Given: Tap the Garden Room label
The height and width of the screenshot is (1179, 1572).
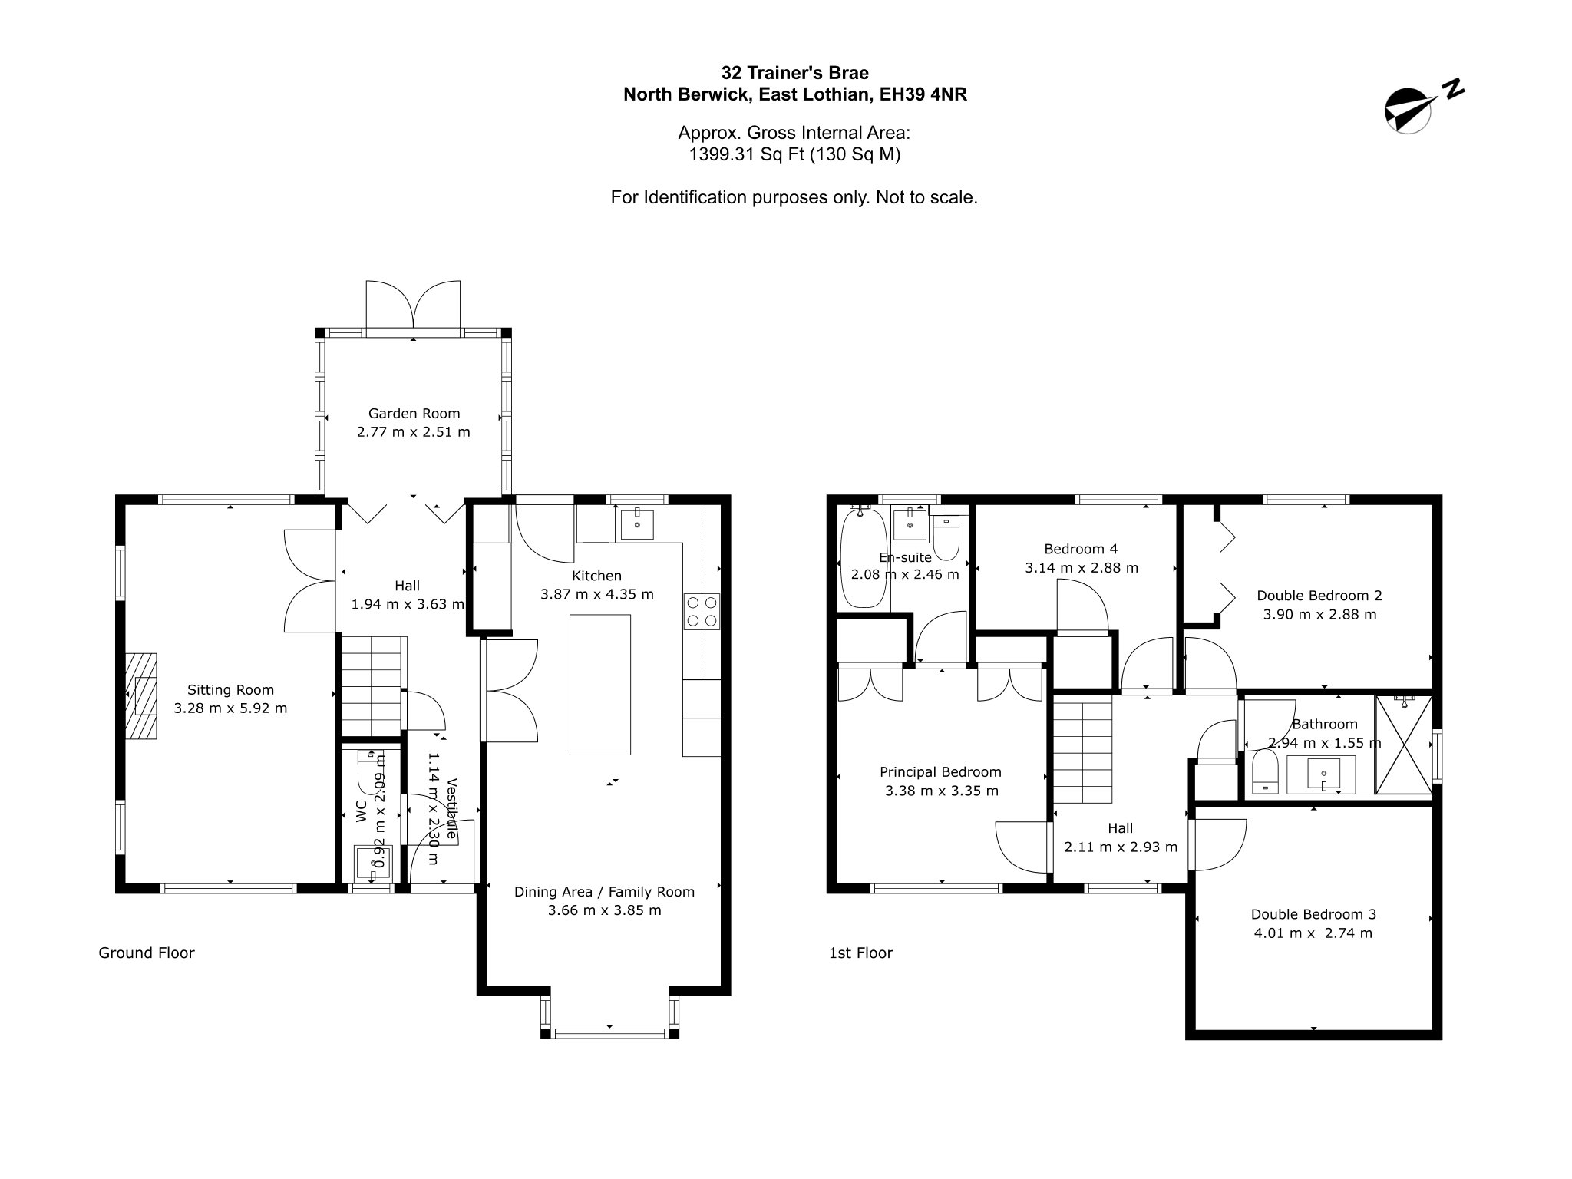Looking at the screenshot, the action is point(414,413).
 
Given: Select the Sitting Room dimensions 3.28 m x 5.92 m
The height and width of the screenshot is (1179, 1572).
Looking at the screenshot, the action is point(230,708).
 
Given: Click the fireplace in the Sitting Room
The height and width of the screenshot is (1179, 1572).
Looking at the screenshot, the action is point(141,696).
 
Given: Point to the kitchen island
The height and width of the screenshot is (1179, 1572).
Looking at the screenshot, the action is point(600,684).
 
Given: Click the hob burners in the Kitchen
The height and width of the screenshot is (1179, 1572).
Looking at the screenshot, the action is point(702,612).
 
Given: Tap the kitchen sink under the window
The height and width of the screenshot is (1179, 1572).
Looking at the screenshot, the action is point(637,523).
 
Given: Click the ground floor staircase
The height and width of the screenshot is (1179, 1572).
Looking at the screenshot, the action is point(372,686).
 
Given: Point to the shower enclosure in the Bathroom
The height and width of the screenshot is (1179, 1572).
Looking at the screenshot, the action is point(1403,744).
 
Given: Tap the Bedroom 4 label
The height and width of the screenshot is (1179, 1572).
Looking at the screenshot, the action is point(1081,549).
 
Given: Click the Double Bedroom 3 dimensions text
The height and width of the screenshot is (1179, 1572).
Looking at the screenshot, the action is point(1313,933).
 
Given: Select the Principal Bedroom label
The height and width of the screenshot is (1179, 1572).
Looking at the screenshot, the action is point(940,772).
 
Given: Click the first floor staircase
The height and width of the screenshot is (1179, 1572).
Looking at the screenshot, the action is point(1082,751).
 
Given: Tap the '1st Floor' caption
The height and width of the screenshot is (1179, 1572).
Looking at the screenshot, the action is point(861,953).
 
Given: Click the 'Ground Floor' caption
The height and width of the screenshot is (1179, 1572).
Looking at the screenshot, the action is point(147,953).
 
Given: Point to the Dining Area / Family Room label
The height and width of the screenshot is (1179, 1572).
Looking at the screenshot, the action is point(604,892).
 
